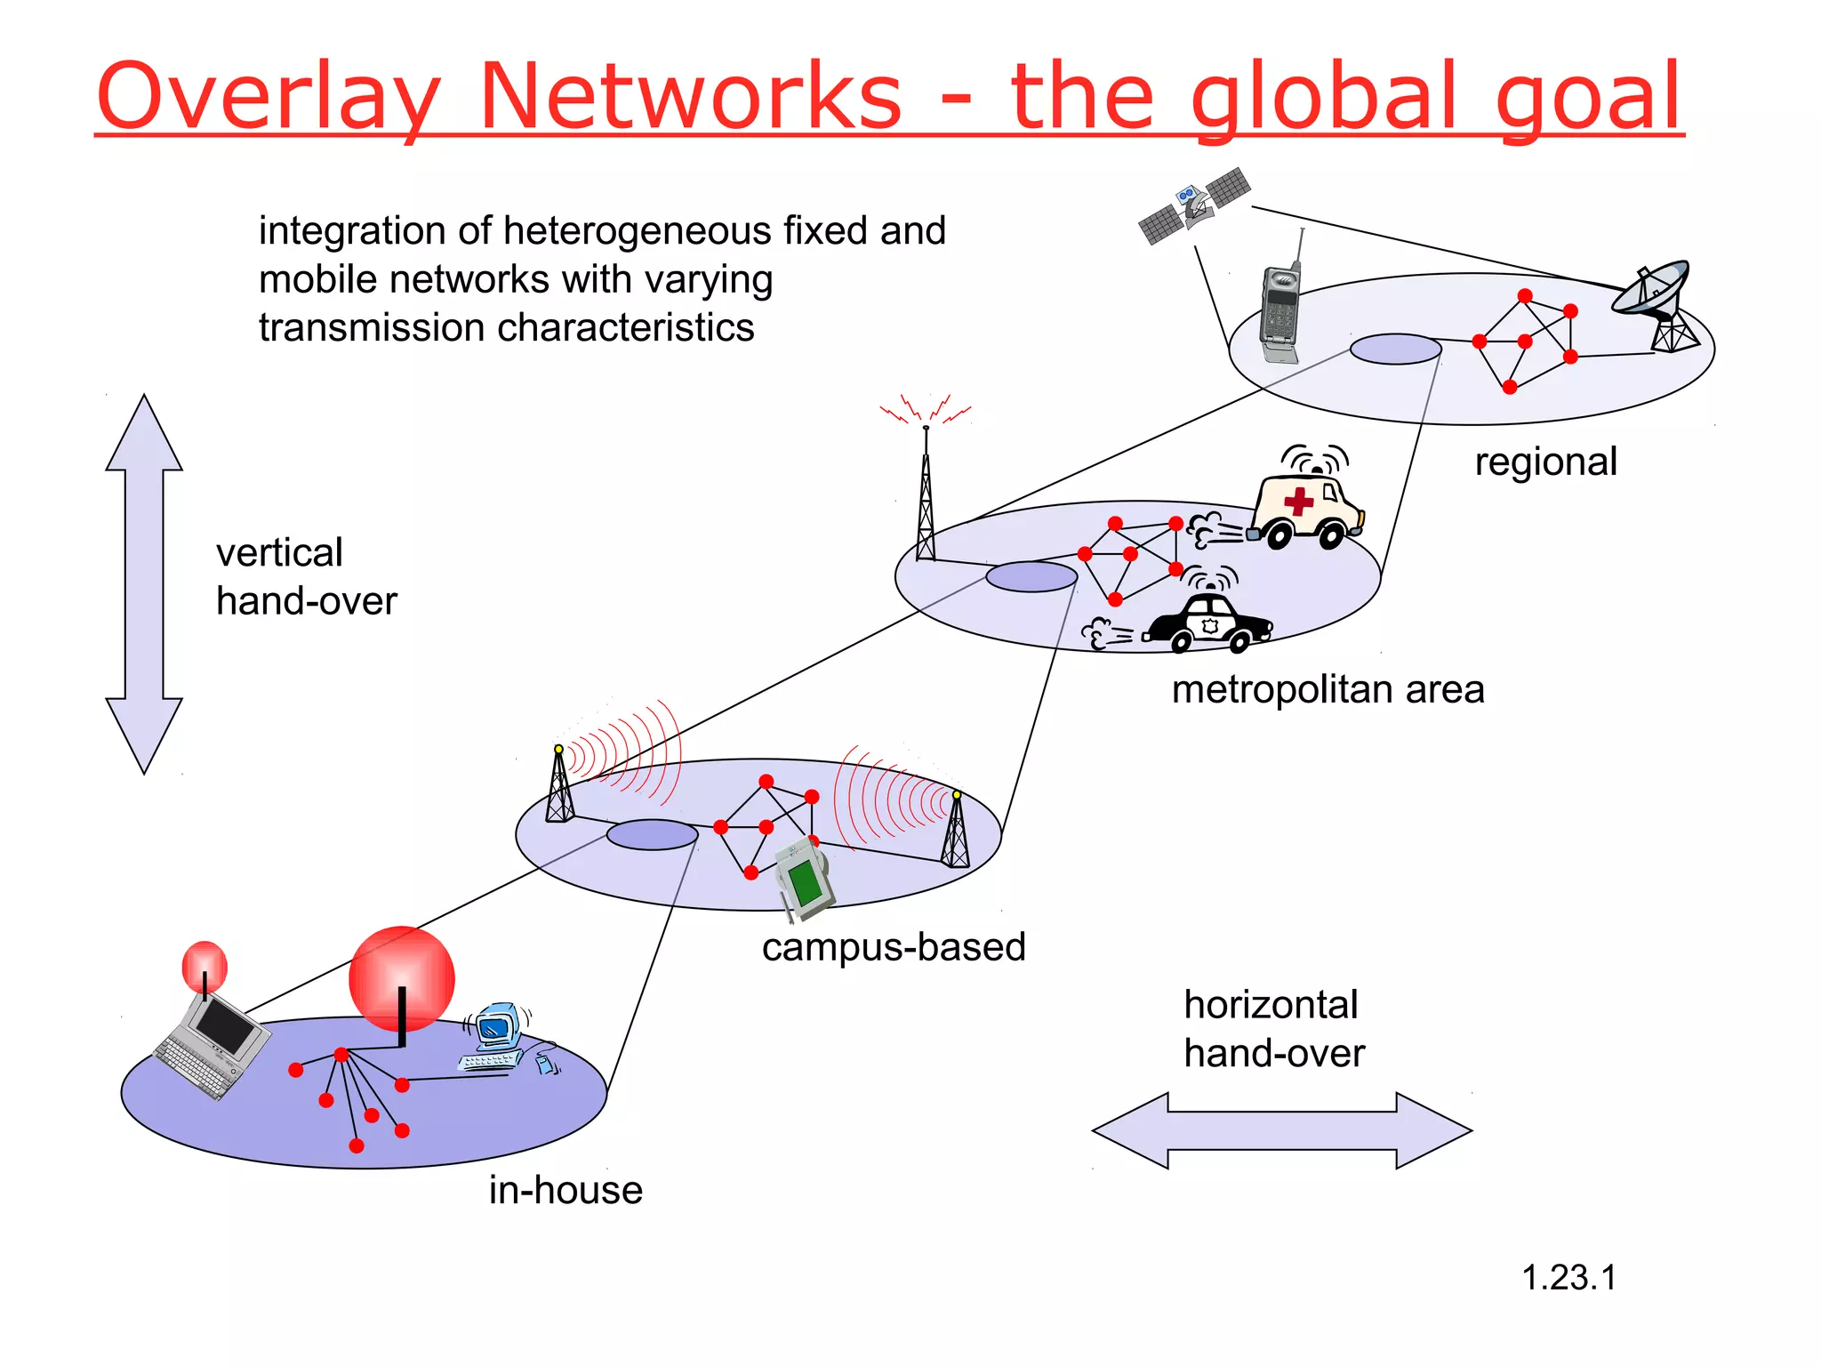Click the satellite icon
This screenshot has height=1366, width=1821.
pyautogui.click(x=1194, y=205)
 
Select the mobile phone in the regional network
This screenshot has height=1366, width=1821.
pyautogui.click(x=1280, y=311)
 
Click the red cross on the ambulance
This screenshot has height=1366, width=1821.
pyautogui.click(x=1299, y=500)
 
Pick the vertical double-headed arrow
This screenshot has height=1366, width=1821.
pyautogui.click(x=144, y=583)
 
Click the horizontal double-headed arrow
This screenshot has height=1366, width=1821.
pyautogui.click(x=1281, y=1130)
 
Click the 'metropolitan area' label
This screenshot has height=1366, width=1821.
pyautogui.click(x=1328, y=690)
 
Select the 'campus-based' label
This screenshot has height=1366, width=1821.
pyautogui.click(x=894, y=947)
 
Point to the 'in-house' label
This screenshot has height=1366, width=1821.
pyautogui.click(x=566, y=1190)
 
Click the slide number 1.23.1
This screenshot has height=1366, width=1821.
pyautogui.click(x=1568, y=1278)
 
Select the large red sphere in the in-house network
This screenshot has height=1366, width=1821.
pyautogui.click(x=402, y=978)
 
